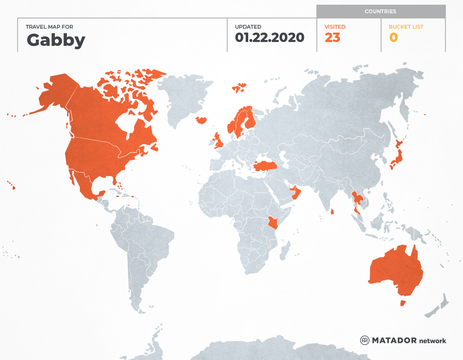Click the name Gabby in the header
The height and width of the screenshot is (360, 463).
(x=56, y=40)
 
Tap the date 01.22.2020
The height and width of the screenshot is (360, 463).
(x=269, y=38)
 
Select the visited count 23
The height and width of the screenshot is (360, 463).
(x=332, y=38)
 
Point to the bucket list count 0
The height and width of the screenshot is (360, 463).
(x=393, y=38)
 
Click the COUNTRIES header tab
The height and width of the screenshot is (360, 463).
(x=380, y=12)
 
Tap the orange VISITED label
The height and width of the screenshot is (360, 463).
(x=335, y=27)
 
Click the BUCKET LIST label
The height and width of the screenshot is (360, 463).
(x=406, y=27)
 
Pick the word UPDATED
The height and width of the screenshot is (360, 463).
(x=248, y=27)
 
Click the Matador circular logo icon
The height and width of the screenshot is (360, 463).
(x=364, y=340)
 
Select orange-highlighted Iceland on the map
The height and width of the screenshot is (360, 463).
(x=201, y=120)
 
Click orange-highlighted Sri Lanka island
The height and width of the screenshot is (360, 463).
(x=332, y=211)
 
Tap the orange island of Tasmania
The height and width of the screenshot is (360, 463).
(x=403, y=303)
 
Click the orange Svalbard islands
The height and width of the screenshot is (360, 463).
(x=240, y=87)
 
